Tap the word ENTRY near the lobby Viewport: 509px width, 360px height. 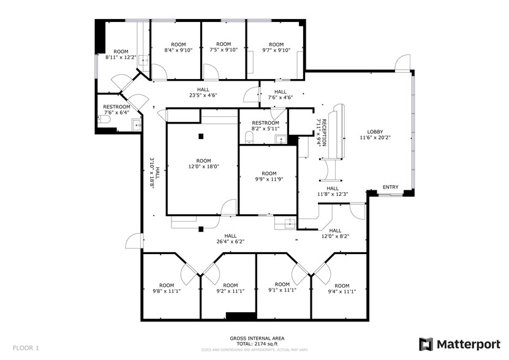point(390,187)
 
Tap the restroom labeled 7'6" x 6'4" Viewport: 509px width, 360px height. point(116,110)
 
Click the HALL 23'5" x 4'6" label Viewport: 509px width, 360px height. point(203,92)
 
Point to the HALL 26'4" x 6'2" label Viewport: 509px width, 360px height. point(230,239)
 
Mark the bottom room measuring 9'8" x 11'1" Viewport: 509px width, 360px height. point(167,288)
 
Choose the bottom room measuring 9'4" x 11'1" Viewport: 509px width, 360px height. point(341,289)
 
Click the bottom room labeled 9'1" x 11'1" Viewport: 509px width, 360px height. point(282,288)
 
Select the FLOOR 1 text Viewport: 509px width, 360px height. point(26,348)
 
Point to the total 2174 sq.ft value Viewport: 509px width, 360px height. point(257,343)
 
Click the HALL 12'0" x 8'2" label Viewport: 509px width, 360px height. point(336,233)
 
